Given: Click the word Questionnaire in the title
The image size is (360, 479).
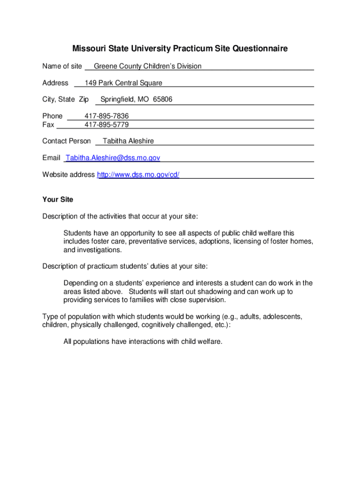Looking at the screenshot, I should [x=260, y=49].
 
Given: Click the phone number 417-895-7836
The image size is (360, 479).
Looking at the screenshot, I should [x=107, y=116].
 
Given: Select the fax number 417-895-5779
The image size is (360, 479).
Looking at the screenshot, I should [x=107, y=125].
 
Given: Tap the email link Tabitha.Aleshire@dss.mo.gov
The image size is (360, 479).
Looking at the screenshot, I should [x=113, y=158].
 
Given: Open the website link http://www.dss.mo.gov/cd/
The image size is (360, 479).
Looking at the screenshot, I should [x=138, y=175].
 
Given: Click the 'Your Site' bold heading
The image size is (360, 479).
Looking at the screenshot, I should [x=58, y=200].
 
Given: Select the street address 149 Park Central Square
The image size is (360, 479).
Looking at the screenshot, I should [x=123, y=83].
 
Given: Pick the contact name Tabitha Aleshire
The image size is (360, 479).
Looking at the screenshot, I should [x=128, y=141].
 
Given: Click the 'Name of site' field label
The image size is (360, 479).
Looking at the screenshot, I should [x=62, y=66].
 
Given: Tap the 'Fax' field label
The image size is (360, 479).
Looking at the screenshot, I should [x=48, y=125].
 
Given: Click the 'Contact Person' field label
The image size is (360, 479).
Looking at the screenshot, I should [x=66, y=141].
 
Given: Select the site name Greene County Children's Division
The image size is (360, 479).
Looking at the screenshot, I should [x=147, y=66].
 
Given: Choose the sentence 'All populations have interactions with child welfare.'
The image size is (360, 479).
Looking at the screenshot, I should [x=143, y=341].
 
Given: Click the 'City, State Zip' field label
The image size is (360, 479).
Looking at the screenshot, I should [x=65, y=100].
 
